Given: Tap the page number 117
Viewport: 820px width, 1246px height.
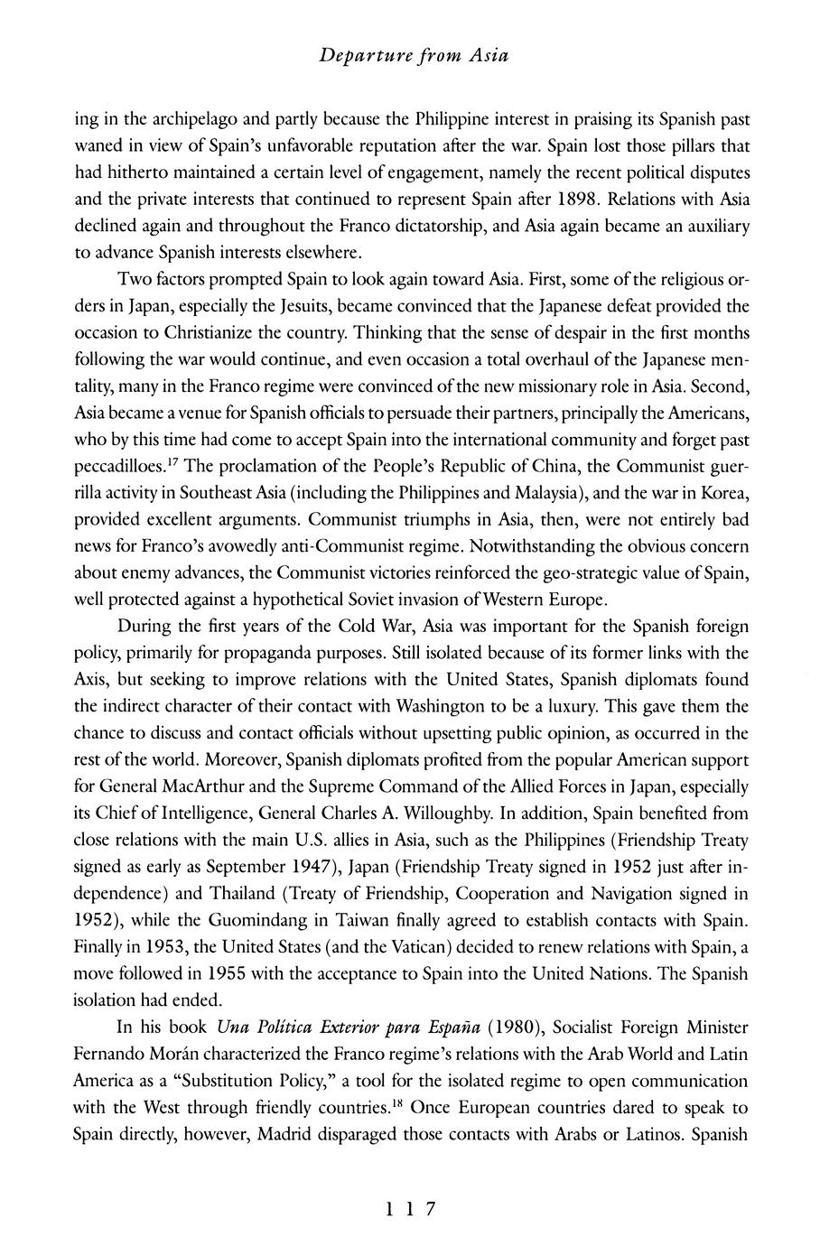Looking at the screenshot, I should (x=410, y=1209).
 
